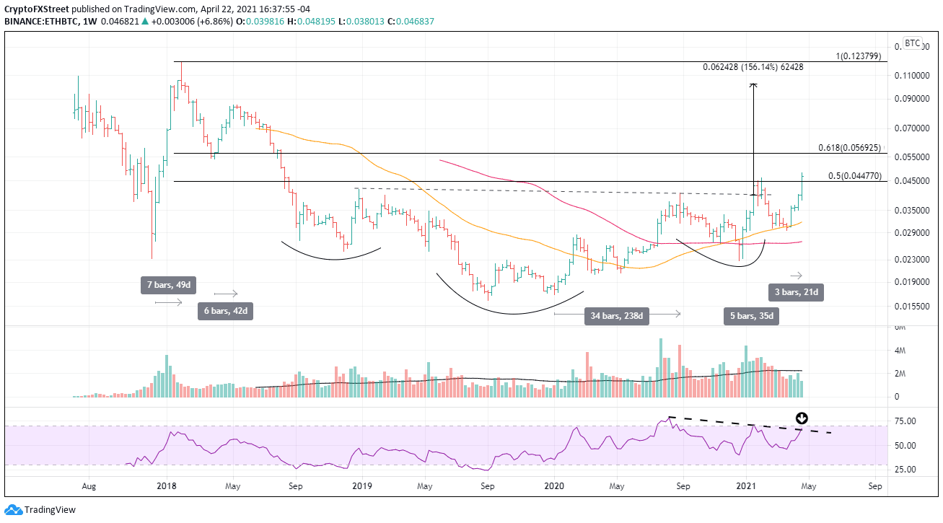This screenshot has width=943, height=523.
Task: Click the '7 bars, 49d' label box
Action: point(169,286)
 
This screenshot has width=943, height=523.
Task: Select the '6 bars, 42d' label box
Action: point(227,312)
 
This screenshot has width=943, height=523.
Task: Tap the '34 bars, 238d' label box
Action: point(617,315)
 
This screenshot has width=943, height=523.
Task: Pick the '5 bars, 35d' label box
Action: point(751,316)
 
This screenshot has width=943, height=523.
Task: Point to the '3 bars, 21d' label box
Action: point(794,292)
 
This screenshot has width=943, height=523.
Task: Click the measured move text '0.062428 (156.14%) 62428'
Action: point(753,67)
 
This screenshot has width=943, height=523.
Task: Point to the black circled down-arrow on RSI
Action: point(802,418)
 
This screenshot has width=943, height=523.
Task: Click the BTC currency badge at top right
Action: point(912,43)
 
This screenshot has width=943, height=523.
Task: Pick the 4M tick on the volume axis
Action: point(900,351)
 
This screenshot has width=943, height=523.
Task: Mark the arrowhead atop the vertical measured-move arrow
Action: point(753,85)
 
